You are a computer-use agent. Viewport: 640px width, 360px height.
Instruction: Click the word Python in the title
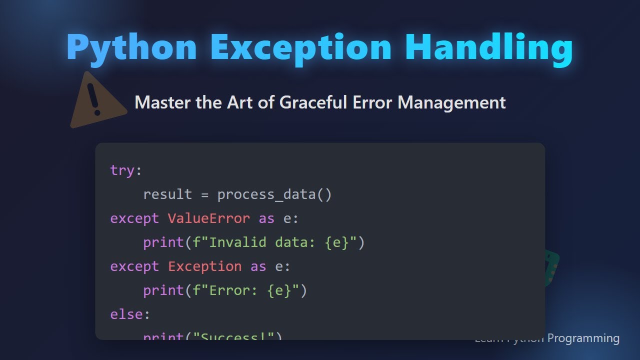[x=131, y=47]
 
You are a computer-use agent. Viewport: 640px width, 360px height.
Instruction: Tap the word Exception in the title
[x=301, y=47]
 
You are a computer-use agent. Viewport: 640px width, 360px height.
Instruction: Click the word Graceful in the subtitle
[x=307, y=102]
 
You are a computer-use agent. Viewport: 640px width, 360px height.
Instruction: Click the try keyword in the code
[x=122, y=170]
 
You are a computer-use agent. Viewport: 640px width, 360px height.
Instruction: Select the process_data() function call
[x=274, y=194]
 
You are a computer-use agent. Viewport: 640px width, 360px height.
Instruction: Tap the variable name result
[x=167, y=194]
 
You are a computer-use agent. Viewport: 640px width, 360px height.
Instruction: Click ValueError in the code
[x=209, y=218]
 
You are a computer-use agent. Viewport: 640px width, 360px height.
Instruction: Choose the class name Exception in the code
[x=205, y=266]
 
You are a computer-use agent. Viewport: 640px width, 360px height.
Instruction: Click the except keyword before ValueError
[x=134, y=218]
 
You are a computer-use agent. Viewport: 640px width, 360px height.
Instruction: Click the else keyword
[x=126, y=314]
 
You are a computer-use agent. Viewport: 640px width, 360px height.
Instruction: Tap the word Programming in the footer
[x=583, y=338]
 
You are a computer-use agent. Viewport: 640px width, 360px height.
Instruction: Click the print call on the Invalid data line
[x=163, y=242]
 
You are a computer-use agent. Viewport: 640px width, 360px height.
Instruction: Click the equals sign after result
[x=204, y=194]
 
